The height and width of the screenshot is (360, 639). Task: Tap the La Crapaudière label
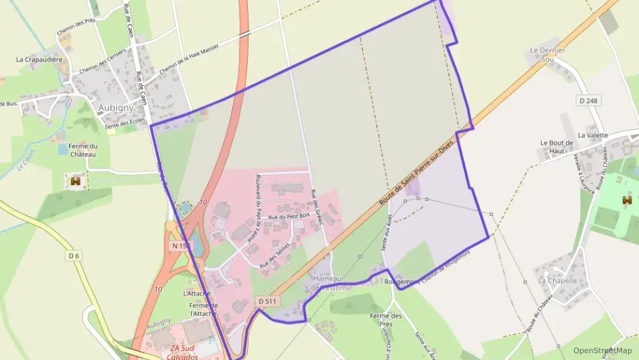point(40,59)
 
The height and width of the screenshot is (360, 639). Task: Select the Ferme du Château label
point(83,150)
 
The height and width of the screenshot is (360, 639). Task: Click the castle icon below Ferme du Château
point(75,181)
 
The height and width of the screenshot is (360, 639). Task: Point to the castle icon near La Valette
point(627,201)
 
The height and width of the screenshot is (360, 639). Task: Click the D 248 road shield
point(588,101)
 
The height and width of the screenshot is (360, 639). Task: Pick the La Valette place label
point(592,135)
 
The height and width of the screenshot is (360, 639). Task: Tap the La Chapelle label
point(558,281)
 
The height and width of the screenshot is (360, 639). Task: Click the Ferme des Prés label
point(386,320)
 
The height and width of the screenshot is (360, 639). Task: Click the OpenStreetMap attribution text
point(602,350)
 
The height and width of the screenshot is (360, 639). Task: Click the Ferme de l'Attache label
point(203,309)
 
